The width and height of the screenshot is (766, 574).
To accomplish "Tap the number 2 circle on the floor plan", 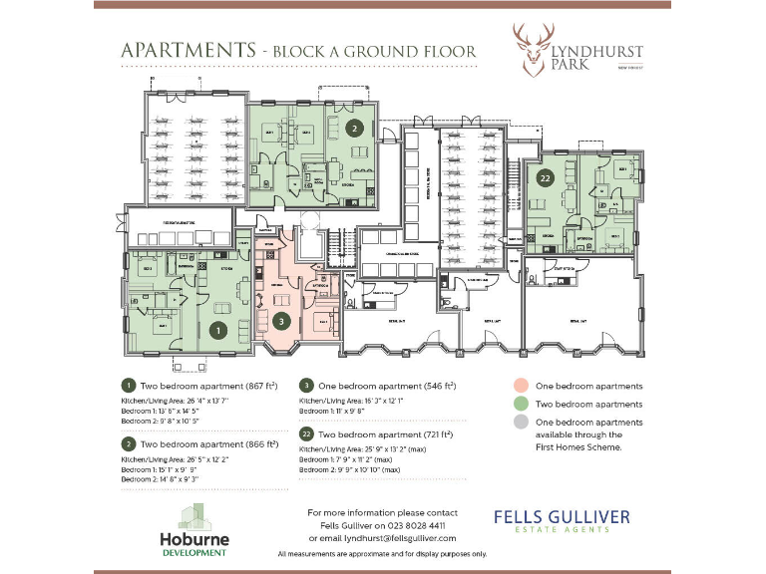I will [x=354, y=128].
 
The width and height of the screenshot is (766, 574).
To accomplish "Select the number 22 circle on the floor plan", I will [x=545, y=178].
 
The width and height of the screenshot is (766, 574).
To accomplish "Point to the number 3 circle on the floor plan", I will [x=282, y=321].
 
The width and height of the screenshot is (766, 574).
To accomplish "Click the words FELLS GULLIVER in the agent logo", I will [x=561, y=516].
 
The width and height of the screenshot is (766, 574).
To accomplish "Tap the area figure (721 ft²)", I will [x=434, y=435].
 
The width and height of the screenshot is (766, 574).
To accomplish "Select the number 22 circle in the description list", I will [x=307, y=435].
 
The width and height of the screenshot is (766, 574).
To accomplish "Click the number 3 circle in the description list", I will [x=307, y=385].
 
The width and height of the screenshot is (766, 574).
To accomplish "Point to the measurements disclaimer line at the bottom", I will [x=382, y=553].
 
